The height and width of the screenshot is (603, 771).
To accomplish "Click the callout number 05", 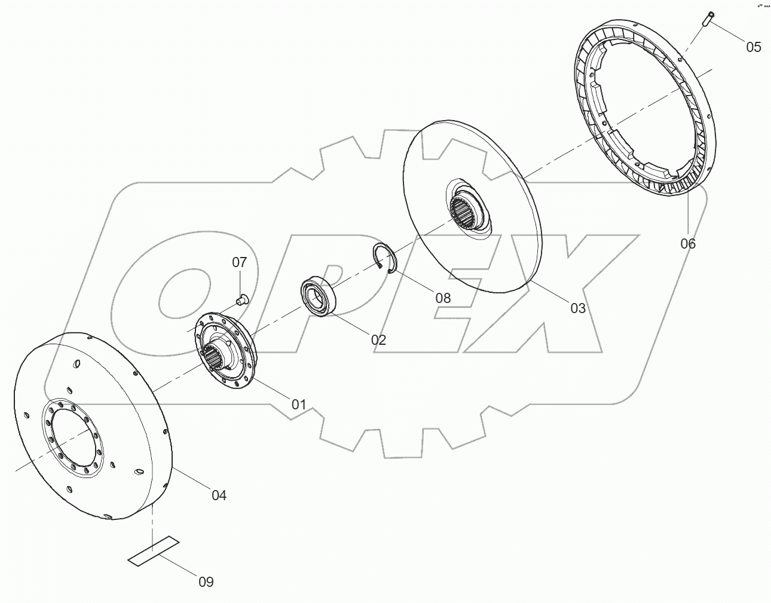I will pyautogui.click(x=754, y=47).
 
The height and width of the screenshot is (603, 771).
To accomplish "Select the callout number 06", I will pyautogui.click(x=688, y=243).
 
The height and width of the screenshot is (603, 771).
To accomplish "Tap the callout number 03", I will pyautogui.click(x=578, y=308).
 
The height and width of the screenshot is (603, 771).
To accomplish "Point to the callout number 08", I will pyautogui.click(x=443, y=298).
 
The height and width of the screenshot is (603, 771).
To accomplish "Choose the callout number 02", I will pyautogui.click(x=378, y=340).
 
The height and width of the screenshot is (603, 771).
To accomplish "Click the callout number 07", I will pyautogui.click(x=239, y=262).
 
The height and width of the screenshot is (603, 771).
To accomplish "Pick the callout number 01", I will pyautogui.click(x=298, y=404).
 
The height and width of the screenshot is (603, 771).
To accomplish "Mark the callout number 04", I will pyautogui.click(x=219, y=495).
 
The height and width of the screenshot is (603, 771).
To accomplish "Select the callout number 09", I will pyautogui.click(x=206, y=581).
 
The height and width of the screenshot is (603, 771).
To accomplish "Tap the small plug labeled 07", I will pyautogui.click(x=241, y=299).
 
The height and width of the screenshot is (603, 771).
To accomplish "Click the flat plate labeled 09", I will pyautogui.click(x=154, y=550).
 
